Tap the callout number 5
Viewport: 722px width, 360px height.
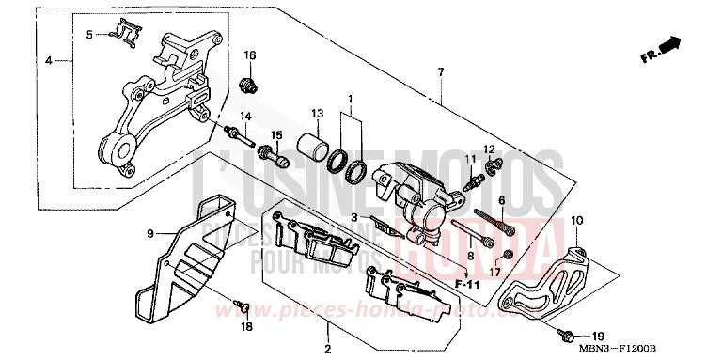[90, 35]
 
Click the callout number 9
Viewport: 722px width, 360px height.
[149, 232]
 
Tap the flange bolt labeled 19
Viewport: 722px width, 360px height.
[570, 333]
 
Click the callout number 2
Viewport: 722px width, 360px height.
[328, 349]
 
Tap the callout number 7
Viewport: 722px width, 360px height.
[440, 72]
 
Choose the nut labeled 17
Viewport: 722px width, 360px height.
[508, 257]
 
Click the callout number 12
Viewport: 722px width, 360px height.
[489, 149]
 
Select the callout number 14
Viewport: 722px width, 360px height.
[244, 116]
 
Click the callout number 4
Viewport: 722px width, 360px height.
[49, 61]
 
